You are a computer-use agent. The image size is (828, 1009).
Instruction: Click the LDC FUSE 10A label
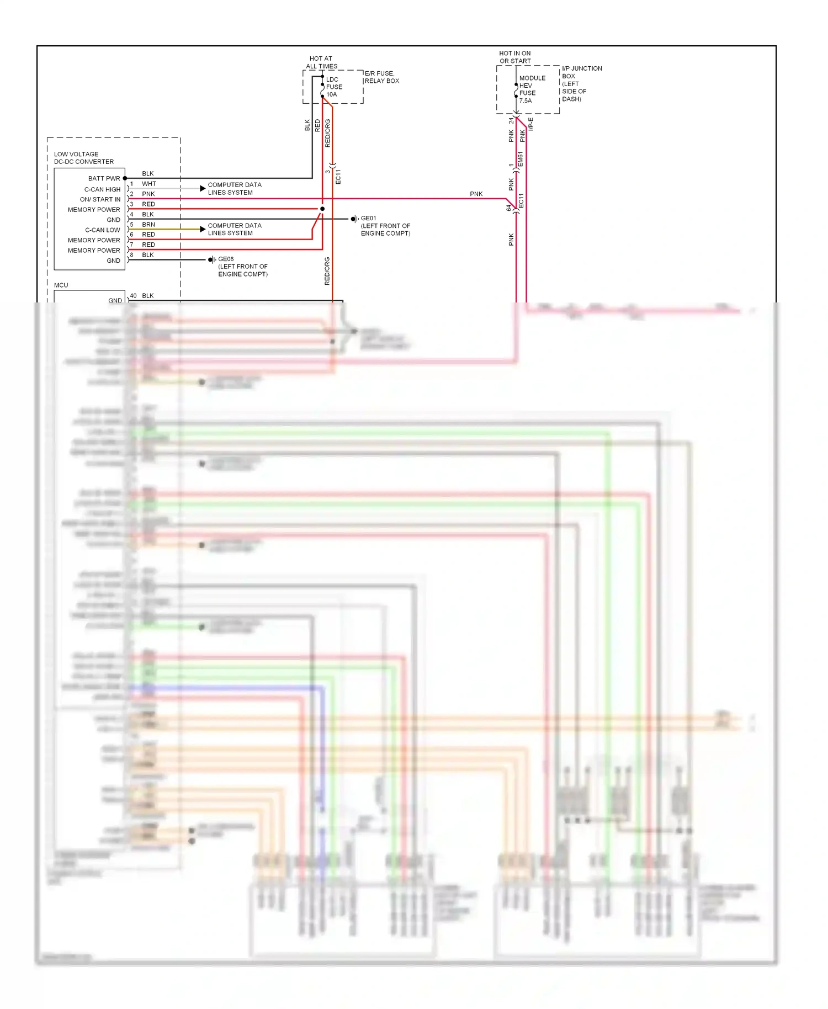[334, 87]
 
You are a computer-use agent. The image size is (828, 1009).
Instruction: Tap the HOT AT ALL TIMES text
[321, 62]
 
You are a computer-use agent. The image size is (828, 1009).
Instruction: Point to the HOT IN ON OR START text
[515, 57]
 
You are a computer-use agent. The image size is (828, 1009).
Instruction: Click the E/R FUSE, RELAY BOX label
[381, 77]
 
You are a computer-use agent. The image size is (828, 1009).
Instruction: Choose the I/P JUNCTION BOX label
[581, 83]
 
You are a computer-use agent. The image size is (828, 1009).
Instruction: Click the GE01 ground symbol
[354, 219]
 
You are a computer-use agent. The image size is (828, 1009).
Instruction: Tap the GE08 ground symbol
[211, 259]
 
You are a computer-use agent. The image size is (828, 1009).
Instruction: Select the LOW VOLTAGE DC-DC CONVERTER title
[83, 158]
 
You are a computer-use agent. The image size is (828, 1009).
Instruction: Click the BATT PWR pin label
[104, 178]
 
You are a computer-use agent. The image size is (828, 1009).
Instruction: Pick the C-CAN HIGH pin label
[102, 189]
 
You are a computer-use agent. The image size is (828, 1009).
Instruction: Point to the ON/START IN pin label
[100, 199]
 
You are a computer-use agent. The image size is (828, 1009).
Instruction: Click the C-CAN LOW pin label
[102, 230]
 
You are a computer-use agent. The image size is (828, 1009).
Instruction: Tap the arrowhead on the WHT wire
[203, 188]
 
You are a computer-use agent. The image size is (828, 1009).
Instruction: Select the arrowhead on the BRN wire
[203, 229]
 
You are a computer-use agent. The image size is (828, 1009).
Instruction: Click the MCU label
[61, 285]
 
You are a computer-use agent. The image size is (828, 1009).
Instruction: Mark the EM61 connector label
[520, 160]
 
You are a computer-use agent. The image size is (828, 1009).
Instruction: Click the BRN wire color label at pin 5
[148, 224]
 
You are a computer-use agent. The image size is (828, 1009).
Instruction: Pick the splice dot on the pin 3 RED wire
[322, 209]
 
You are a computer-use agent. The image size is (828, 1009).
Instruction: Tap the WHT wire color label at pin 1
[148, 183]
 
